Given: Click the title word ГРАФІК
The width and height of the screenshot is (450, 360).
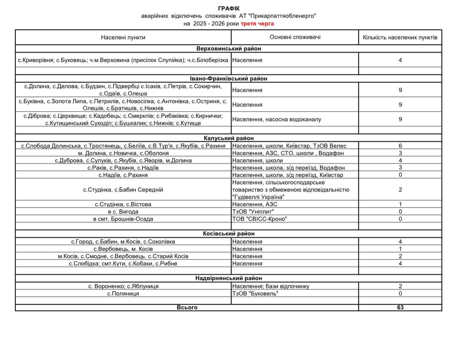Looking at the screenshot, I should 228,8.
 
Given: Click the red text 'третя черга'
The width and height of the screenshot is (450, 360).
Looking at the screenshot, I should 257,23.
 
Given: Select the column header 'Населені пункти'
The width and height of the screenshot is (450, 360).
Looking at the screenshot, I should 123,37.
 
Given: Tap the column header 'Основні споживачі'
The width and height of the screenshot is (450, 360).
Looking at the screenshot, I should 295,37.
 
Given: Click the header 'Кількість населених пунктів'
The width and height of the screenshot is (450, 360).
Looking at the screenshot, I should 400,37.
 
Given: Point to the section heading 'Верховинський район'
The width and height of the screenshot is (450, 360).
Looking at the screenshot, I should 228,49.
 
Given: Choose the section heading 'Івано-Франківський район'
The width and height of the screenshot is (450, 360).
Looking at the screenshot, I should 228,78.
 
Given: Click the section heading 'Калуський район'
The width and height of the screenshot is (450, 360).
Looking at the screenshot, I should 228,138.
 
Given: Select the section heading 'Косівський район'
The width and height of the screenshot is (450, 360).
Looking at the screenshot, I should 228,233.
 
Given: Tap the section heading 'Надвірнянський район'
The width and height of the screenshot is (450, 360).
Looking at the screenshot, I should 228,278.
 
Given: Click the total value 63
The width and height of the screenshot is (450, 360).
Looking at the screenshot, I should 400,307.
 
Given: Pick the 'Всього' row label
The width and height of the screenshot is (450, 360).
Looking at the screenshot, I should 187,307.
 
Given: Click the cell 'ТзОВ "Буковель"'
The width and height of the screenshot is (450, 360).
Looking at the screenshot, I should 255,293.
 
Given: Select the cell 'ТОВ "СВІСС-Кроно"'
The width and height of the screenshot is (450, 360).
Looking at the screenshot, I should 260,219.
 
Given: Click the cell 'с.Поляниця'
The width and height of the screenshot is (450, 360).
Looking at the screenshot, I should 123,293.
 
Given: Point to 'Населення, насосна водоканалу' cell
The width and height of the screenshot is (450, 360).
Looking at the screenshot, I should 277,119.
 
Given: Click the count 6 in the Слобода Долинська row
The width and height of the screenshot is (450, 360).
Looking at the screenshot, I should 400,146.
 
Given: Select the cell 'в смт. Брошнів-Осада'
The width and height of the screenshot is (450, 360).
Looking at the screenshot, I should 123,219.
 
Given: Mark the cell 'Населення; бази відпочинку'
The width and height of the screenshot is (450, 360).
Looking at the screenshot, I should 270,286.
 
